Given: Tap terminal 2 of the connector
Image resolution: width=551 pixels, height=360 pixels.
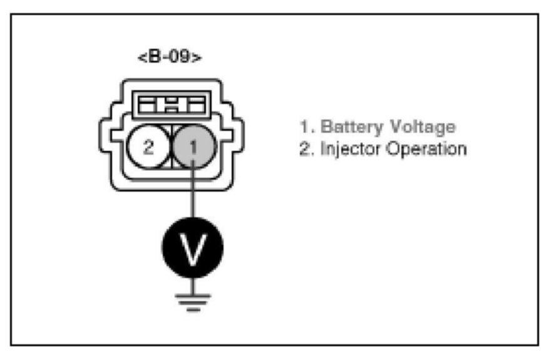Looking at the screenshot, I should point(148,148).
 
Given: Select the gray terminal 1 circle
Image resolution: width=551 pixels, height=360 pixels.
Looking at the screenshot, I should point(194,148).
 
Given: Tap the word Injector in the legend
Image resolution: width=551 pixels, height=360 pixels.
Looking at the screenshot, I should point(344,150).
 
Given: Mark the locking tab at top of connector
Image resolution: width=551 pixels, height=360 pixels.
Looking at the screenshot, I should point(171,103).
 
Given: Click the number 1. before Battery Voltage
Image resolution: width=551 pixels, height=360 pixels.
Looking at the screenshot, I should point(306,127).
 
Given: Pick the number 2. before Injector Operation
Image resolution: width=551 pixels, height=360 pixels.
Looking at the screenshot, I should point(306,150).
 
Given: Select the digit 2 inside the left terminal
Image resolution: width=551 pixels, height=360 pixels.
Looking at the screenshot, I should point(148,148).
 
